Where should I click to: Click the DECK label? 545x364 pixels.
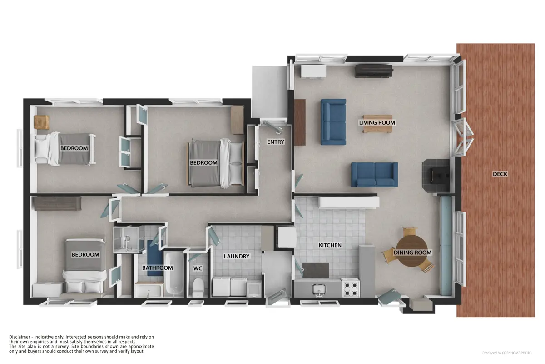pyautogui.click(x=500, y=174)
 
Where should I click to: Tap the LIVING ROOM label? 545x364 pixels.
pyautogui.click(x=377, y=123)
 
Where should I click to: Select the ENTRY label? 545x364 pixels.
pyautogui.click(x=275, y=142)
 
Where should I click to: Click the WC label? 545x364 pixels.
pyautogui.click(x=198, y=268)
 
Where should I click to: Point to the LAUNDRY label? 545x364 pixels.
pyautogui.click(x=237, y=256)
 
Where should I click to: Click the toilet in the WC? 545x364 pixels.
pyautogui.click(x=198, y=287)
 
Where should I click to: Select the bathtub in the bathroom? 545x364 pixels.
pyautogui.click(x=174, y=274)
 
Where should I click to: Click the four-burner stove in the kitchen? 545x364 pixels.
pyautogui.click(x=351, y=288)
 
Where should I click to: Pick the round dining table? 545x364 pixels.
pyautogui.click(x=412, y=251)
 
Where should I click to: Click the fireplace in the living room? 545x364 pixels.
pyautogui.click(x=436, y=175)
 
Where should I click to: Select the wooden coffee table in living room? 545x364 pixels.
pyautogui.click(x=377, y=124)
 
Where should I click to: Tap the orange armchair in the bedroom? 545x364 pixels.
pyautogui.click(x=42, y=122)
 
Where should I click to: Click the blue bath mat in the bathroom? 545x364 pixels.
pyautogui.click(x=155, y=258)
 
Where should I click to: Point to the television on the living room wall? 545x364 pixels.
pyautogui.click(x=374, y=71)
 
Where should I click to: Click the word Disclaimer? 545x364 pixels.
pyautogui.click(x=20, y=337)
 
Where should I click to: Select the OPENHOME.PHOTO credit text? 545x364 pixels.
pyautogui.click(x=517, y=353)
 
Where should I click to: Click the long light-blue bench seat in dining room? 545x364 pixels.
pyautogui.click(x=446, y=246)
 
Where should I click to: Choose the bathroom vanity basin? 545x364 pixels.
pyautogui.click(x=148, y=290)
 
